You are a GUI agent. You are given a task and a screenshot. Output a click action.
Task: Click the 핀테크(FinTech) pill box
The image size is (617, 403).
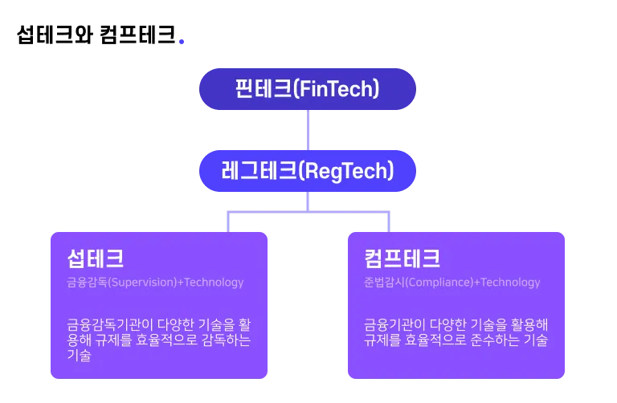[x=308, y=88]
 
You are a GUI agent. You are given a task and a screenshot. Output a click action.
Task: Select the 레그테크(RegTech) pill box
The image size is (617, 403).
[x=308, y=170]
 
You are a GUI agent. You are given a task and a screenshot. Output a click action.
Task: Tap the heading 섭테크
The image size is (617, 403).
[x=96, y=258]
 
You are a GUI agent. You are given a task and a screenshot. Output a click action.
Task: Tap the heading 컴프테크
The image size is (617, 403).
[x=402, y=258]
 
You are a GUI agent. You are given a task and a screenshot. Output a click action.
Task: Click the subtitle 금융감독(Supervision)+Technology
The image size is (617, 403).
[x=155, y=283]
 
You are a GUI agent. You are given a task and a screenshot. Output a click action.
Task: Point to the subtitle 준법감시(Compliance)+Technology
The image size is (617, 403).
[x=452, y=283]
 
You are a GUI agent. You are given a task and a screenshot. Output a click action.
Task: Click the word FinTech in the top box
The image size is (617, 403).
[x=337, y=88]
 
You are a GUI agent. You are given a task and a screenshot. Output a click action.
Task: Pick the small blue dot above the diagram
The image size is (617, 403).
[x=182, y=42]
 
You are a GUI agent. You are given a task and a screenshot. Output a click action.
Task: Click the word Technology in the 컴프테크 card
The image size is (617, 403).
[x=511, y=283]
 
